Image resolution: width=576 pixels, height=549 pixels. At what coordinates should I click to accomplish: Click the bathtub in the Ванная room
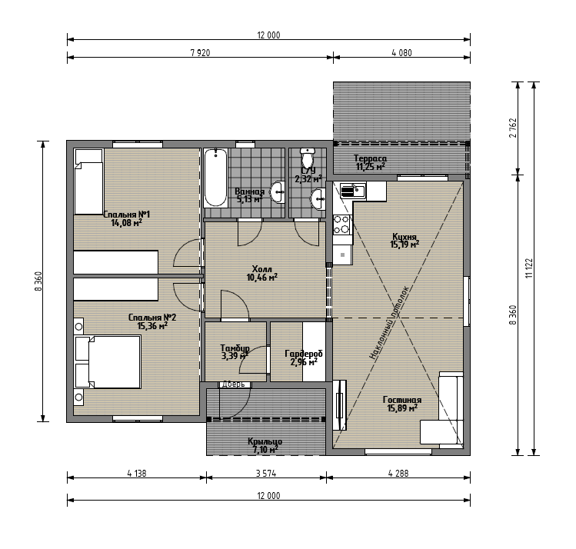tap(215, 178)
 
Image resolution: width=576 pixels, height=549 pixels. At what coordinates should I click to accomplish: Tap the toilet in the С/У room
tap(307, 157)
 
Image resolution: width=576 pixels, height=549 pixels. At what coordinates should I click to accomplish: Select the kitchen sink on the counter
tap(353, 191)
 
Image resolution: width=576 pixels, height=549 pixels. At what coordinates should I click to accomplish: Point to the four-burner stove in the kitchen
tap(341, 225)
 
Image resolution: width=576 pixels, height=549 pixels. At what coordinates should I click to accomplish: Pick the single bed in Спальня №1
tap(88, 181)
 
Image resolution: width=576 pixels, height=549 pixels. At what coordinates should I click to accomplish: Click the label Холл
tap(262, 269)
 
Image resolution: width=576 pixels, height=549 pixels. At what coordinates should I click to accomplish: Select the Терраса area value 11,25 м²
tap(371, 167)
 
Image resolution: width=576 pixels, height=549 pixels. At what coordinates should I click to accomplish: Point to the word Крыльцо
tap(265, 441)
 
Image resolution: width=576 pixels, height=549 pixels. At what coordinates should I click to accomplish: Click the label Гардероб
tap(304, 354)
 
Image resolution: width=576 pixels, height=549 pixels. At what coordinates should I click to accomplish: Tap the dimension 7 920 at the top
tap(200, 52)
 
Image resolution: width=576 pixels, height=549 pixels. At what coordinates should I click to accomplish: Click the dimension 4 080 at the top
tap(402, 52)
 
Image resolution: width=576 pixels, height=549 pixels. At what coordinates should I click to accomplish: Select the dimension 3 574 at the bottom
tap(266, 474)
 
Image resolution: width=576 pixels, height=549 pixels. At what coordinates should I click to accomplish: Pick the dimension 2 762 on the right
tap(513, 128)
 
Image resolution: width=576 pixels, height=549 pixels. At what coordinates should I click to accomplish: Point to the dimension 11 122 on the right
tap(529, 268)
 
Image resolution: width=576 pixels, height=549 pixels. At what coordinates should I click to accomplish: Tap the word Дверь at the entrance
tap(233, 384)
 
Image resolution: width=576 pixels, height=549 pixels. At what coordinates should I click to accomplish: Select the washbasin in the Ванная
tap(278, 191)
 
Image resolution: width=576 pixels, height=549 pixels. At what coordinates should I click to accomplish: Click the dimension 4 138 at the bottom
tap(137, 474)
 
